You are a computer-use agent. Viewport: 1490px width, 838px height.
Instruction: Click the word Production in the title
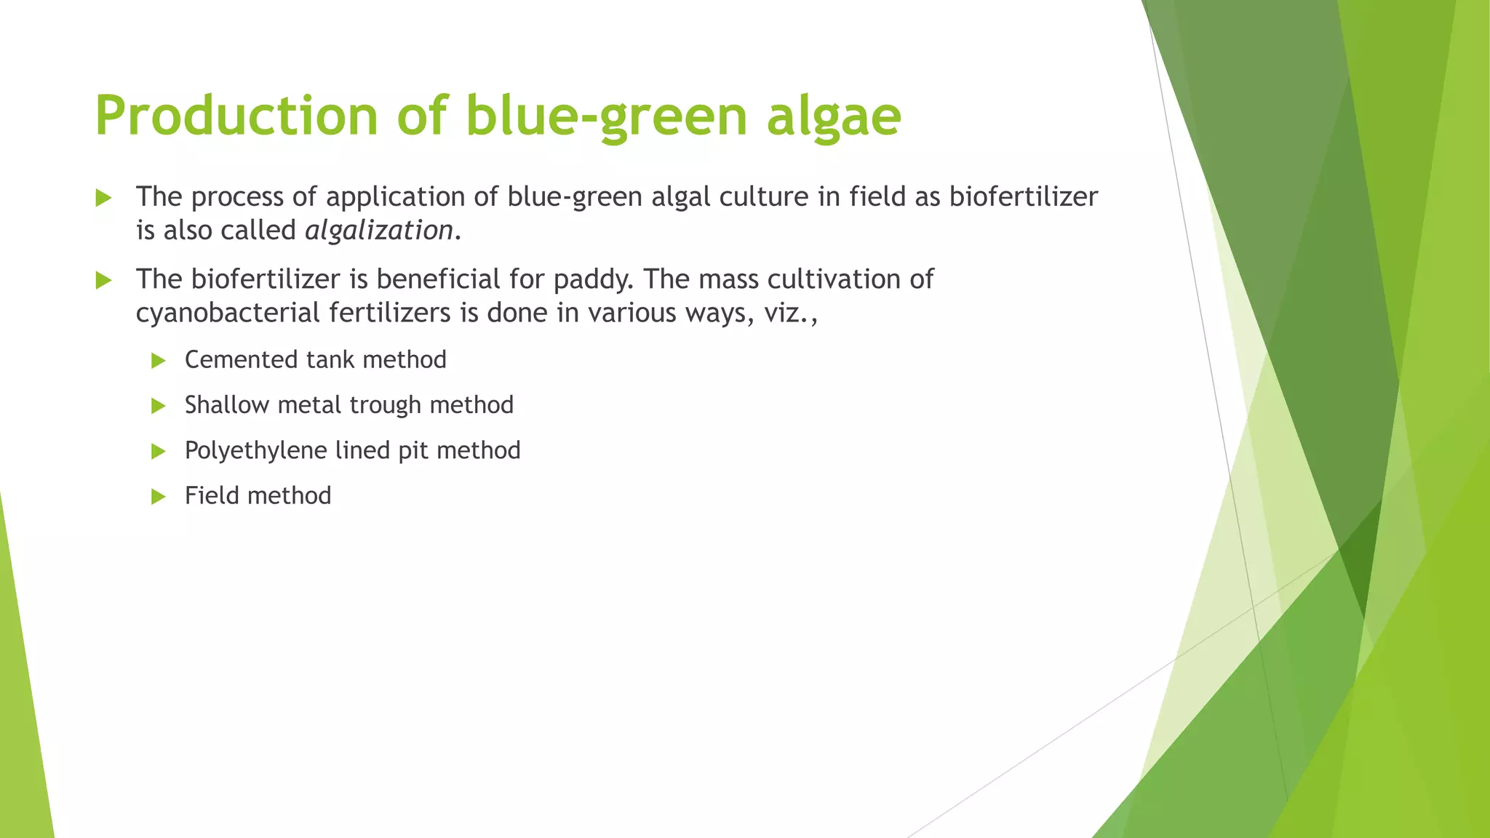[x=236, y=116]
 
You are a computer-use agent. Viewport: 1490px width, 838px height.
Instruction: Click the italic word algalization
[x=379, y=231]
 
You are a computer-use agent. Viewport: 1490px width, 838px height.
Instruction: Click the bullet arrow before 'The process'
[x=103, y=198]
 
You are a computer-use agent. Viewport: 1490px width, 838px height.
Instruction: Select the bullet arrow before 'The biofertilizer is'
[x=103, y=280]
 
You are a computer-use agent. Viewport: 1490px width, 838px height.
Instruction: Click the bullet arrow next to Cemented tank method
[x=159, y=361]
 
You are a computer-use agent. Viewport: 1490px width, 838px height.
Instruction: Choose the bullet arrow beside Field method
[x=159, y=497]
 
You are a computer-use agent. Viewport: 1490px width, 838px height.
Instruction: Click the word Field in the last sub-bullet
[x=212, y=495]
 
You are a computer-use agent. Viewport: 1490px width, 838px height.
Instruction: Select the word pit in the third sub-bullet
[x=413, y=450]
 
